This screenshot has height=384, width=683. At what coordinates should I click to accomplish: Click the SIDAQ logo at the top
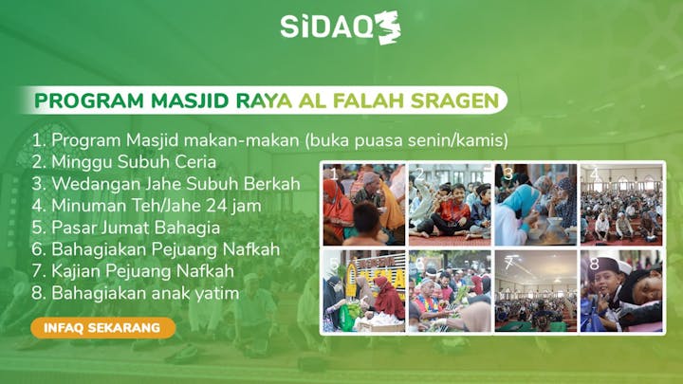click(340, 27)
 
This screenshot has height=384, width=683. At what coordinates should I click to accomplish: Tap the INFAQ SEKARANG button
click(102, 328)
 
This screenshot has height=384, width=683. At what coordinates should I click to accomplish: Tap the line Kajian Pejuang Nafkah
click(132, 272)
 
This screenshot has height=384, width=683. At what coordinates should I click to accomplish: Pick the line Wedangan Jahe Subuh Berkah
click(166, 183)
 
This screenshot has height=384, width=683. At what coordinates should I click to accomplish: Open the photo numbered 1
click(363, 205)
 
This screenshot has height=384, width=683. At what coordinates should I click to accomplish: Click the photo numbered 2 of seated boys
click(450, 205)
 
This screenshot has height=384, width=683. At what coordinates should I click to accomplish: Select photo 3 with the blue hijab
click(535, 205)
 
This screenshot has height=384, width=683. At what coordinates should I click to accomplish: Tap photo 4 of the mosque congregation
click(620, 205)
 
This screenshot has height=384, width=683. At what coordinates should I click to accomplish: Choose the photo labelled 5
click(363, 290)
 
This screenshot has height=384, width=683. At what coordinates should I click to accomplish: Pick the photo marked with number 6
click(450, 290)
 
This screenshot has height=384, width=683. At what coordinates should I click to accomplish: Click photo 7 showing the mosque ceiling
click(535, 290)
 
